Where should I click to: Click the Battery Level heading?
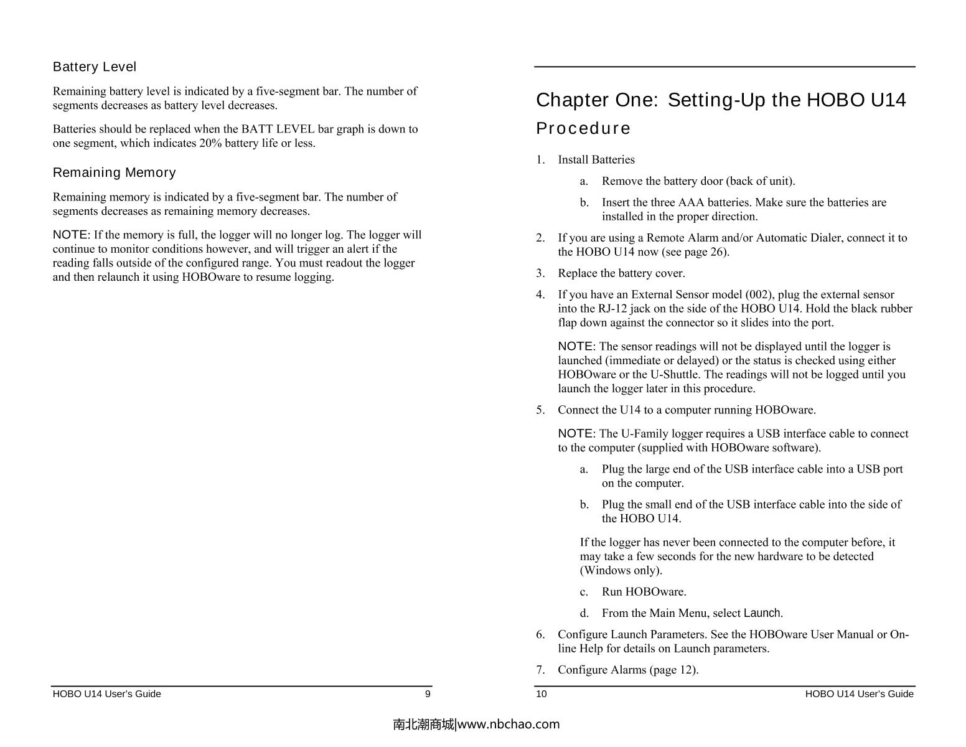pyautogui.click(x=94, y=67)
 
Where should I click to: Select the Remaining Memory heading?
pyautogui.click(x=114, y=172)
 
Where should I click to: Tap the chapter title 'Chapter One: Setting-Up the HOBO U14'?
pyautogui.click(x=721, y=100)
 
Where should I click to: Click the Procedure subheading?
pyautogui.click(x=583, y=128)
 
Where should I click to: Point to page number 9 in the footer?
pyautogui.click(x=427, y=694)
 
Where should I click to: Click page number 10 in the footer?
pyautogui.click(x=542, y=694)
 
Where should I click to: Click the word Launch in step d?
pyautogui.click(x=762, y=613)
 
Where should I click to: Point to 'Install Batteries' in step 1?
pyautogui.click(x=596, y=160)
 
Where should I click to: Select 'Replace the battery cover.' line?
pyautogui.click(x=621, y=273)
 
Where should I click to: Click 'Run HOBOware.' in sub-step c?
pyautogui.click(x=644, y=592)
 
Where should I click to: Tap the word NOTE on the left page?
pyautogui.click(x=71, y=235)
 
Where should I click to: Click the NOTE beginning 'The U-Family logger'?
pyautogui.click(x=576, y=434)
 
